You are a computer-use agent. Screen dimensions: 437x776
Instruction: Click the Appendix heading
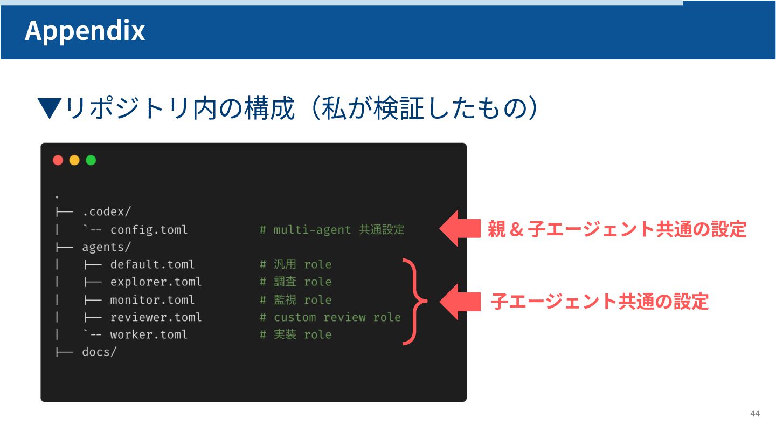(x=85, y=30)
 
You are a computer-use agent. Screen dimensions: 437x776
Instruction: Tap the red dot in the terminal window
(x=58, y=160)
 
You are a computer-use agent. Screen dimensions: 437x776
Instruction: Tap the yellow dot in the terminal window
(x=74, y=160)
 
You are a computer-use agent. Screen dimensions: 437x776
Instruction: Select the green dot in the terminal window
(x=91, y=160)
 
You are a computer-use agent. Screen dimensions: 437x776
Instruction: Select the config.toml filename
(x=149, y=230)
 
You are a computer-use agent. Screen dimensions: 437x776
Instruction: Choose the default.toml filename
(x=152, y=264)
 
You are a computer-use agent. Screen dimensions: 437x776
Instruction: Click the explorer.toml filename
(x=156, y=282)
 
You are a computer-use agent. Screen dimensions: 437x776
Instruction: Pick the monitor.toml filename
(x=152, y=299)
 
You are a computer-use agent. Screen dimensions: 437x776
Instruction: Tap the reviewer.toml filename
(x=156, y=317)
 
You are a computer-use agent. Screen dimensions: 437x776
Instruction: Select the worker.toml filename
(x=149, y=334)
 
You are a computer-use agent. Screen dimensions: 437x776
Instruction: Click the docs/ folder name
(x=99, y=352)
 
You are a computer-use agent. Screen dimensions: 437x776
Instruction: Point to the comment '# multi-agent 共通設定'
(x=332, y=230)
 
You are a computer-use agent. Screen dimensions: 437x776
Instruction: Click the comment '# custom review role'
(x=330, y=317)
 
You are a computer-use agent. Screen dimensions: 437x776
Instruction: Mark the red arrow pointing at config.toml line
(x=459, y=229)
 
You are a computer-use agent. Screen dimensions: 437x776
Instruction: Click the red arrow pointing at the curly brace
(x=459, y=302)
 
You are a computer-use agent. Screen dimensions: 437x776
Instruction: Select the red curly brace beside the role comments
(x=414, y=301)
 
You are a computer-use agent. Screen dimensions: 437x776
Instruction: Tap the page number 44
(x=755, y=414)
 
